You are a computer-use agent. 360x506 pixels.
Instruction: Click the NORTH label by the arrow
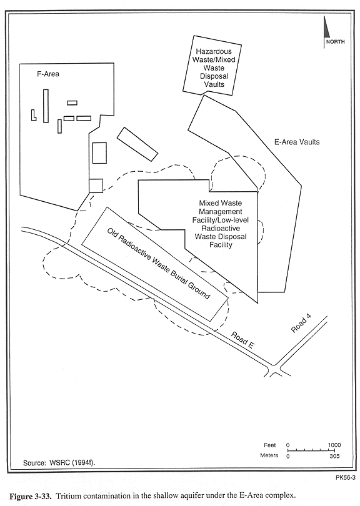tap(335, 42)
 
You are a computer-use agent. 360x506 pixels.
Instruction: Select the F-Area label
tap(48, 74)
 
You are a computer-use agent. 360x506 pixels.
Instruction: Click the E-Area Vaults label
tap(297, 142)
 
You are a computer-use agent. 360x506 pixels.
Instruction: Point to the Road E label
tap(242, 340)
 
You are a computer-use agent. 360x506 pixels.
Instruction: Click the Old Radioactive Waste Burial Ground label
tap(159, 264)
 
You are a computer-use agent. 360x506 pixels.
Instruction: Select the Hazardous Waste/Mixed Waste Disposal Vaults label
tap(214, 67)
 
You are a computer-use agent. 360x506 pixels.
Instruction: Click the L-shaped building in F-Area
tap(33, 115)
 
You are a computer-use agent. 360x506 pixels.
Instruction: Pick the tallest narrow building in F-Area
tap(46, 106)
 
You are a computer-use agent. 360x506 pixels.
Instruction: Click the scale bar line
tap(311, 450)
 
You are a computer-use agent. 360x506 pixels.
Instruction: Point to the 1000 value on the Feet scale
tap(334, 445)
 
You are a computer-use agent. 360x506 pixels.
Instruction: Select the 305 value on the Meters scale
tap(334, 456)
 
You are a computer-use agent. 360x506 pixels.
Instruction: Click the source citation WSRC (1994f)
tap(72, 463)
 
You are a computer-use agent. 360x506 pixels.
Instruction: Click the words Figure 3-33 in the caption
tap(31, 495)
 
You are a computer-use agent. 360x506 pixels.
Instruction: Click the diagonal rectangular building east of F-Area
tap(137, 144)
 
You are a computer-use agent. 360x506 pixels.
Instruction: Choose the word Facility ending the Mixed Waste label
tap(221, 245)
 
